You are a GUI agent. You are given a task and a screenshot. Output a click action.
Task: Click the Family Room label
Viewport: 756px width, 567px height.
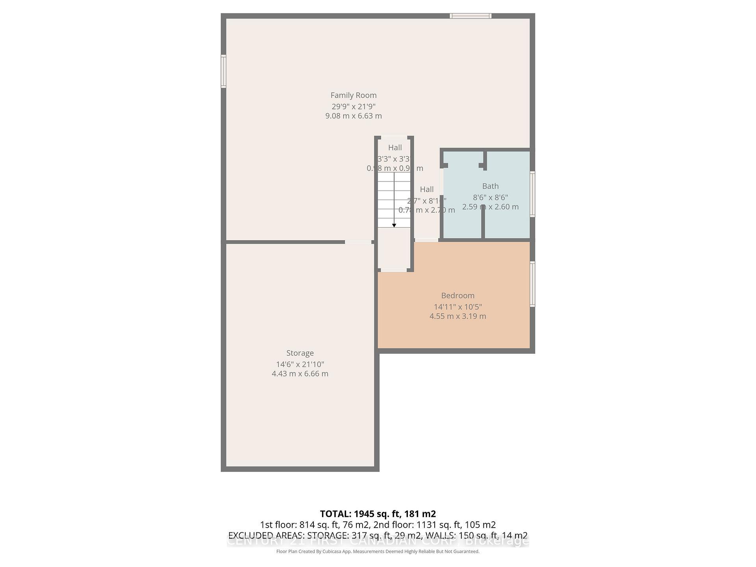(353, 95)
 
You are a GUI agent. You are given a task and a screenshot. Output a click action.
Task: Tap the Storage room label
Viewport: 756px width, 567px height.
(300, 353)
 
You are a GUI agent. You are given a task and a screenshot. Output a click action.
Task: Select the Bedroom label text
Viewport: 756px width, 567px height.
(458, 296)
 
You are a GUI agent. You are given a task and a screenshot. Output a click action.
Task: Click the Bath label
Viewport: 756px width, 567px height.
(490, 186)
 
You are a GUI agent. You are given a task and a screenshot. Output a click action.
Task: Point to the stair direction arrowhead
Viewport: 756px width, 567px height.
(394, 225)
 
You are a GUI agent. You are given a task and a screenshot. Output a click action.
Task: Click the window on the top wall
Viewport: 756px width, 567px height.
(471, 16)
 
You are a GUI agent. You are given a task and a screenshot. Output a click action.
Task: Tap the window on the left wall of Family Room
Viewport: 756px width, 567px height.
(223, 71)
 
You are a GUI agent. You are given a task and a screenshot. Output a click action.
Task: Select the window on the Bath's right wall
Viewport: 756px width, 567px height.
(532, 194)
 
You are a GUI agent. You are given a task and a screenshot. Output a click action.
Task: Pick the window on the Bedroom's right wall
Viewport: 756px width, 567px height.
(532, 284)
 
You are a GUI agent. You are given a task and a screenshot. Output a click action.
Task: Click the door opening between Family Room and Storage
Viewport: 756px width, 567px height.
(358, 242)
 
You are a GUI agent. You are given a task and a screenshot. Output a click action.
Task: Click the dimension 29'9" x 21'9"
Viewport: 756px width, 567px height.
(353, 106)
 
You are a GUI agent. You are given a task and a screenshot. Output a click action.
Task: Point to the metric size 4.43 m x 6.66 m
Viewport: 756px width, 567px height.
(300, 374)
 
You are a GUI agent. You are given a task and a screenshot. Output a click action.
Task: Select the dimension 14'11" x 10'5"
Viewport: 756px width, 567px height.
(458, 307)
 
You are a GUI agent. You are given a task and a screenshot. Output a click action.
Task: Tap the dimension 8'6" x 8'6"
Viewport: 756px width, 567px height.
(490, 197)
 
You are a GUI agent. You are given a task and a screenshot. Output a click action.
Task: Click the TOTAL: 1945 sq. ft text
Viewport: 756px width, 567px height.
(378, 514)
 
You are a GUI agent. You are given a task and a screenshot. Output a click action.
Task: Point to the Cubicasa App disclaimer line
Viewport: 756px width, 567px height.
(378, 552)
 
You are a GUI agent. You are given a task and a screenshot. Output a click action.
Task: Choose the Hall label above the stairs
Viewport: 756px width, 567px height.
(395, 148)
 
